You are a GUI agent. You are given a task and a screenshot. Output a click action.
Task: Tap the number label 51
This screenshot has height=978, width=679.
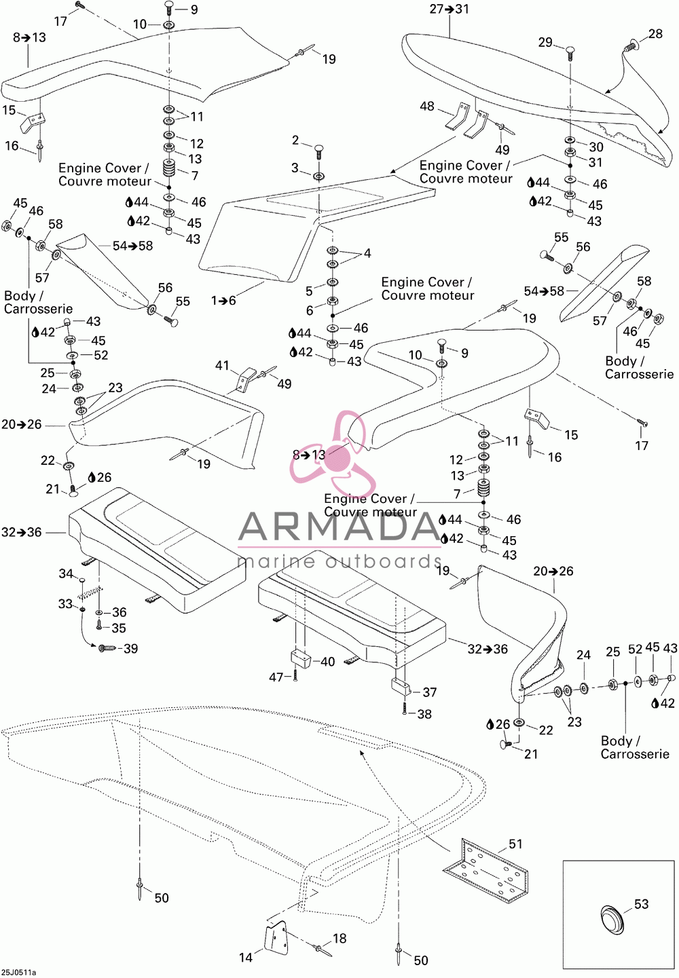515,844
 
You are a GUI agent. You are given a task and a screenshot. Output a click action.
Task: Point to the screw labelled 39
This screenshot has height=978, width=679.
106,648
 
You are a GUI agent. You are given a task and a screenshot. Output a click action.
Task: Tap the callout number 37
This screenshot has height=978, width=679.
430,692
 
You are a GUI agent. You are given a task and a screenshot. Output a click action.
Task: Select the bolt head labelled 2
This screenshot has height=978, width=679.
319,148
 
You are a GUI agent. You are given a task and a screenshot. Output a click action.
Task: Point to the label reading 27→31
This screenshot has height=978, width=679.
449,9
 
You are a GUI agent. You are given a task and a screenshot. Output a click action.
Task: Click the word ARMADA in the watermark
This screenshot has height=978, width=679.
339,527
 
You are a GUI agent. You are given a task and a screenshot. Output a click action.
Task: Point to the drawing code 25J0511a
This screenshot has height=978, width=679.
18,973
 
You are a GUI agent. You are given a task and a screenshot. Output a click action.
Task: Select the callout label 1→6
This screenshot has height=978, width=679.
223,300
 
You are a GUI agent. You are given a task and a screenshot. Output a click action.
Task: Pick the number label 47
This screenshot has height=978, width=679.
276,677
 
